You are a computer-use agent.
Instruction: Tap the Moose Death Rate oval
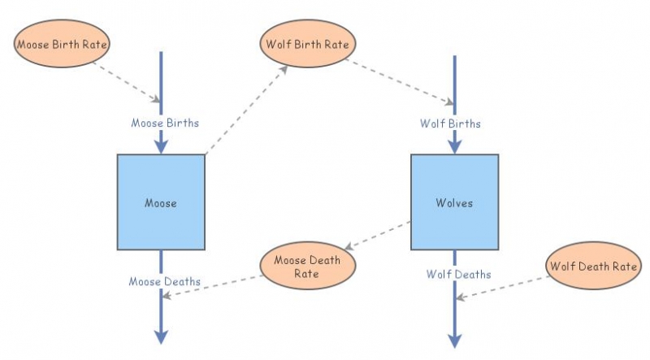coord(307,267)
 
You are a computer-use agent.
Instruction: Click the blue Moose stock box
coord(161,202)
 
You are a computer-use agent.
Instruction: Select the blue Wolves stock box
coord(454,202)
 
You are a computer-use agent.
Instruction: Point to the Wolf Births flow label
coord(450,124)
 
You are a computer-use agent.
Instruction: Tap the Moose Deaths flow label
coord(165,281)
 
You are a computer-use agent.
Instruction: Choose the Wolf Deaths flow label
coord(458,275)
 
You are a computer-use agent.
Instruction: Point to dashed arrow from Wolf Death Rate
coord(504,285)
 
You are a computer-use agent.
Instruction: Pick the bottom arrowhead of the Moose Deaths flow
coord(161,336)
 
